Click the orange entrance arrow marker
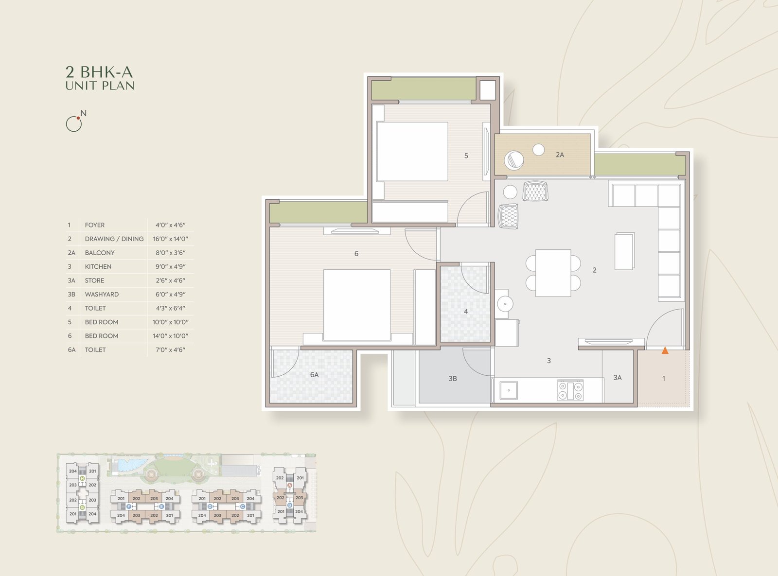click(x=665, y=350)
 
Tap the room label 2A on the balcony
click(x=560, y=155)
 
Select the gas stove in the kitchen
click(x=570, y=390)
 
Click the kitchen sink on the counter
click(x=509, y=390)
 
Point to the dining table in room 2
click(x=553, y=273)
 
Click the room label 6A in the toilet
click(x=314, y=375)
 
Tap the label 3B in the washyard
click(x=453, y=379)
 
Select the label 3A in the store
click(x=618, y=378)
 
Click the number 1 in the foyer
click(x=664, y=379)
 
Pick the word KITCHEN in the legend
click(x=98, y=266)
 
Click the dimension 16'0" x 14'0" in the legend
click(x=171, y=239)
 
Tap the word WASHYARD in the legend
click(x=102, y=294)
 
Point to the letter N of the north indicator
click(x=83, y=113)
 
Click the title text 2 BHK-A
click(x=99, y=72)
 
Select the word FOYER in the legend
click(x=95, y=225)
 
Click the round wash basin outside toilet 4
click(x=505, y=304)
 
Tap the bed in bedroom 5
click(x=412, y=152)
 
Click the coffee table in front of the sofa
click(x=624, y=251)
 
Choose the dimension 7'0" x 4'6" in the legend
click(x=171, y=350)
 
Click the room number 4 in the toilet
click(x=466, y=312)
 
